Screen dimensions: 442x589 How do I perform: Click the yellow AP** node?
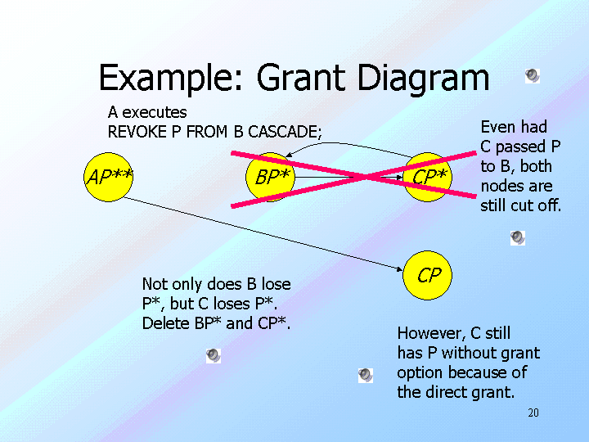[109, 177]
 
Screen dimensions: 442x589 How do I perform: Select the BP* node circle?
[269, 177]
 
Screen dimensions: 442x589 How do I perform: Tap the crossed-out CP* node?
[429, 177]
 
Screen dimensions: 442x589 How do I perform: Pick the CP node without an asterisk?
[429, 275]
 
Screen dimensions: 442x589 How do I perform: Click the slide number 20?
[533, 413]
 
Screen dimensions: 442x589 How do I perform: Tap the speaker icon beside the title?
[532, 76]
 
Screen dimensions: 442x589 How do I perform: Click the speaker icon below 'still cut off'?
[517, 237]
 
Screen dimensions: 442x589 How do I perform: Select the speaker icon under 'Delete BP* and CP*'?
[213, 355]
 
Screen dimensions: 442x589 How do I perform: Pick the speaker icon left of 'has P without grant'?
[366, 375]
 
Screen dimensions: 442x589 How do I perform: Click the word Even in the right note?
[497, 127]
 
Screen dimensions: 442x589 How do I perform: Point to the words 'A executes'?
[147, 112]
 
